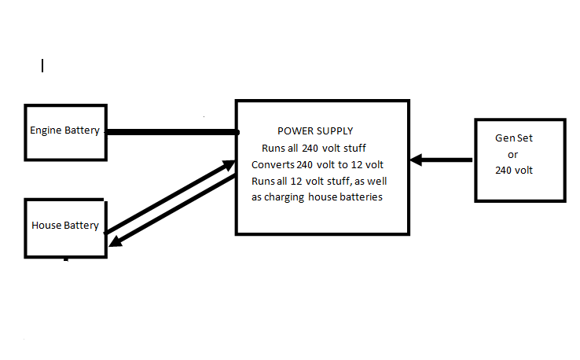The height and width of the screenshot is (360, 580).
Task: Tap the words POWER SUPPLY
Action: pyautogui.click(x=315, y=130)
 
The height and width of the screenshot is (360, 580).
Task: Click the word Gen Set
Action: pyautogui.click(x=513, y=138)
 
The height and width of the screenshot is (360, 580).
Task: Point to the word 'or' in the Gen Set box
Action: pyautogui.click(x=513, y=153)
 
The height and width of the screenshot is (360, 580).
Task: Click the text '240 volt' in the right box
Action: pyautogui.click(x=513, y=169)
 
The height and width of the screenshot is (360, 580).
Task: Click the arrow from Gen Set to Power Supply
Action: pyautogui.click(x=442, y=160)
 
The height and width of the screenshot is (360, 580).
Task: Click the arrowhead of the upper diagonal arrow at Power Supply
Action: pyautogui.click(x=229, y=164)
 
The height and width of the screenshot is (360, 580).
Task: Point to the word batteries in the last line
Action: pyautogui.click(x=359, y=197)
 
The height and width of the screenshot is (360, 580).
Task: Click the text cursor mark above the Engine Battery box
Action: pyautogui.click(x=42, y=66)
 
